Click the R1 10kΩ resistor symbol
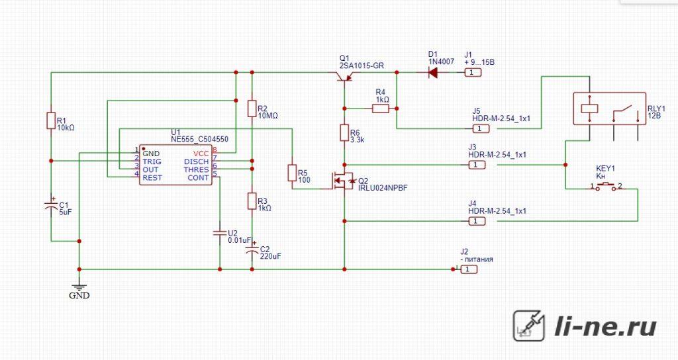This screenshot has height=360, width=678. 51,120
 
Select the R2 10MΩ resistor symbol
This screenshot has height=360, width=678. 252,109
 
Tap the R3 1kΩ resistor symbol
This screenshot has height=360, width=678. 252,201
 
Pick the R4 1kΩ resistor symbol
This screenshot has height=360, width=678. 381,109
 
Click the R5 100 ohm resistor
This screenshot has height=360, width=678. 292,173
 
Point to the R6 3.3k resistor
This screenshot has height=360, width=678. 344,132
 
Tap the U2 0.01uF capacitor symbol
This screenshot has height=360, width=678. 220,234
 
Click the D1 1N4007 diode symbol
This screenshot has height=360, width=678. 432,73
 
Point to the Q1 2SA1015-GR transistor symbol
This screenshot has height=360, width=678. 344,76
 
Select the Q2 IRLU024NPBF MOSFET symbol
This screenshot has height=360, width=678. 344,181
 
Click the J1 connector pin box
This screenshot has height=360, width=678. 473,73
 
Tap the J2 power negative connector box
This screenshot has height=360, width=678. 469,269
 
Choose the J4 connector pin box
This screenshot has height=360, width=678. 477,221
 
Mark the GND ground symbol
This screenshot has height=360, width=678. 79,287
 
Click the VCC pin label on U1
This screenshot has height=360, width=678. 201,154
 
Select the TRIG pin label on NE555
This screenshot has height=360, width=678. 152,161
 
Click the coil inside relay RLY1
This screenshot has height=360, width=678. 589,108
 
